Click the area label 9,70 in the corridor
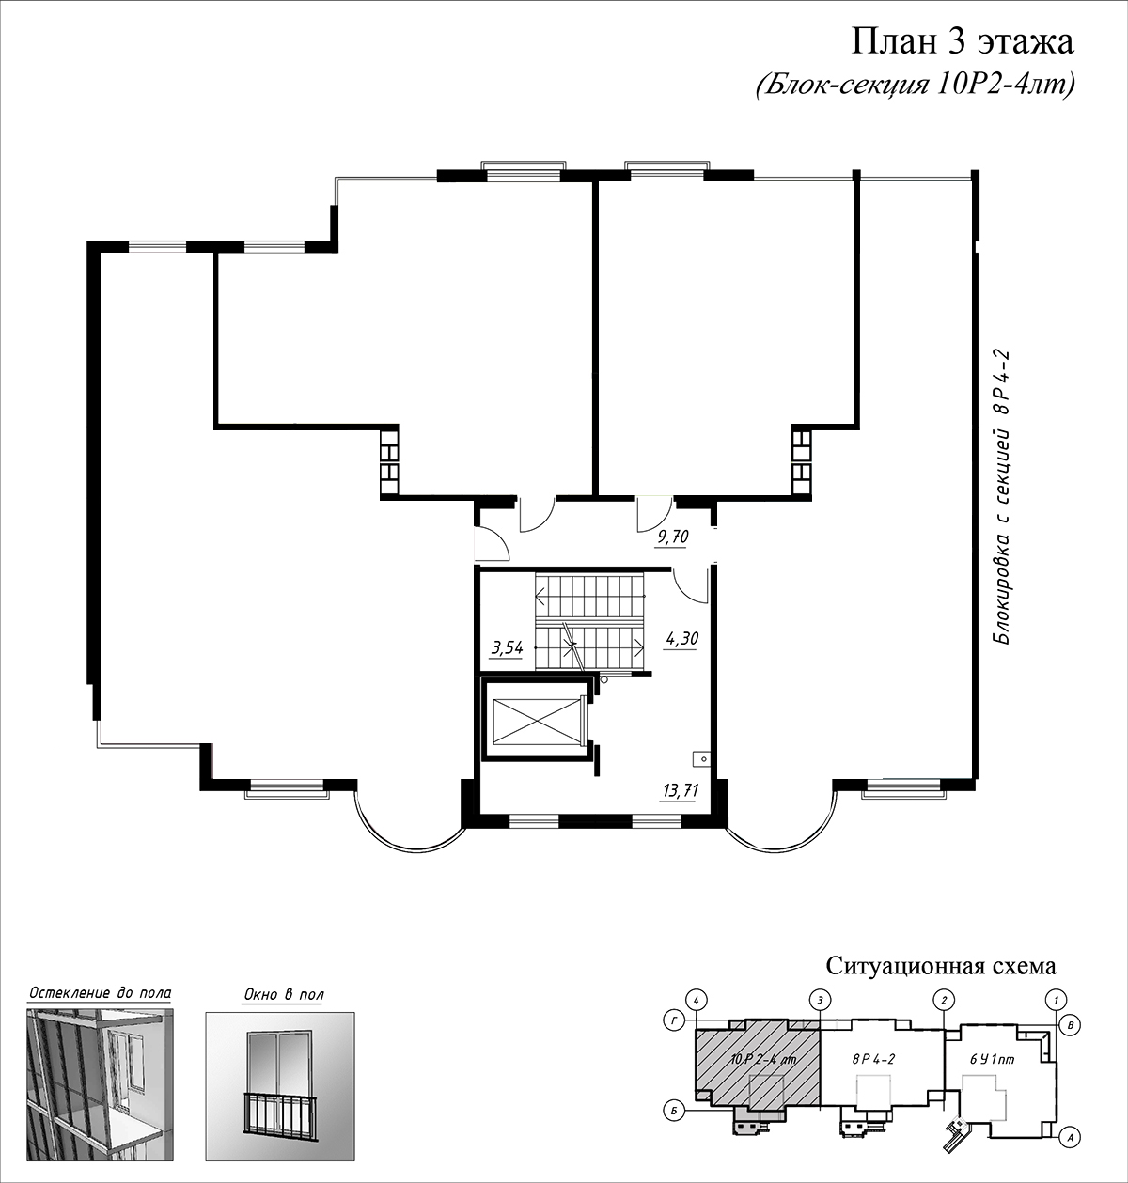pos(672,537)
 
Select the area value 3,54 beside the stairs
pos(508,648)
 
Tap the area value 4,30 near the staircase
pos(681,637)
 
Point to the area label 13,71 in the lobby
pos(681,789)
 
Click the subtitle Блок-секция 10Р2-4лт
pos(915,86)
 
